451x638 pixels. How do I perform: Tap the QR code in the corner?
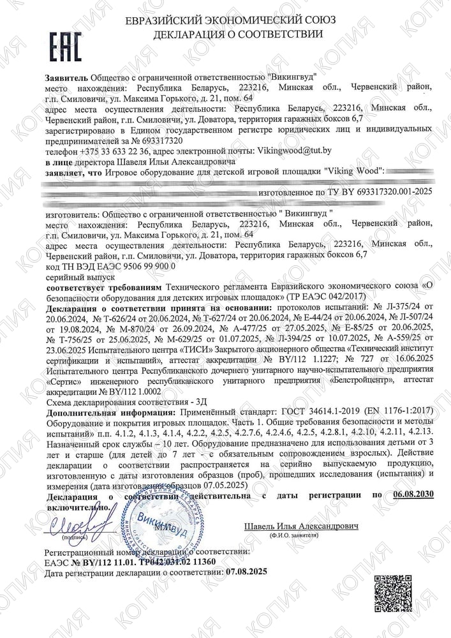[389, 591]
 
